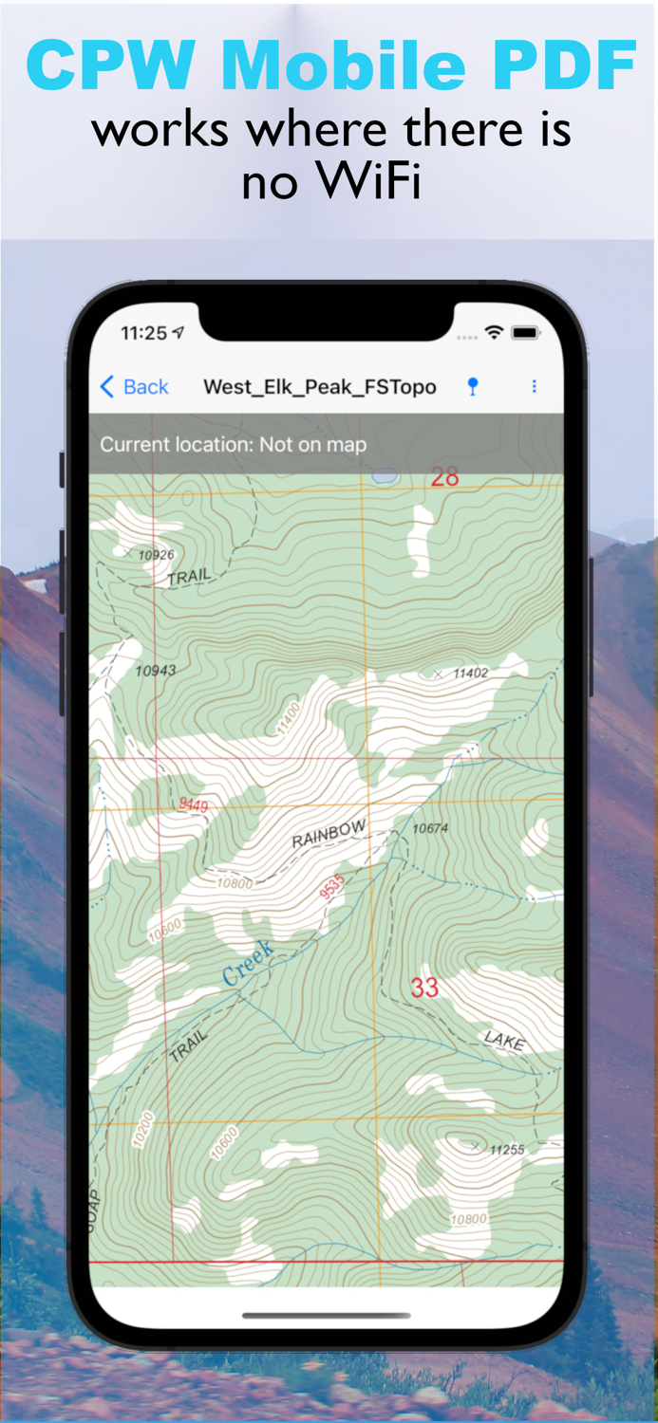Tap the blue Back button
point(134,387)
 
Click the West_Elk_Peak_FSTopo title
point(320,387)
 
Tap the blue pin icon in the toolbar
point(473,386)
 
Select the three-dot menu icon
point(534,386)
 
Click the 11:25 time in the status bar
point(143,333)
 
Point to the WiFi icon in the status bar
point(494,333)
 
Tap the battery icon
point(525,333)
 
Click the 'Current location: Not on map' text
point(233,445)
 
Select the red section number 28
point(444,477)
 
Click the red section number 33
point(424,988)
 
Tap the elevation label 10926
point(157,555)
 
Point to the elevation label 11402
point(470,673)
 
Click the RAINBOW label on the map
point(329,835)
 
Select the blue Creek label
point(248,963)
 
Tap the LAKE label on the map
point(504,1041)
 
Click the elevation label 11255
point(507,1149)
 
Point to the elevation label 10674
point(430,828)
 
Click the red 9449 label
point(194,804)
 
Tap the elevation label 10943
point(156,671)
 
